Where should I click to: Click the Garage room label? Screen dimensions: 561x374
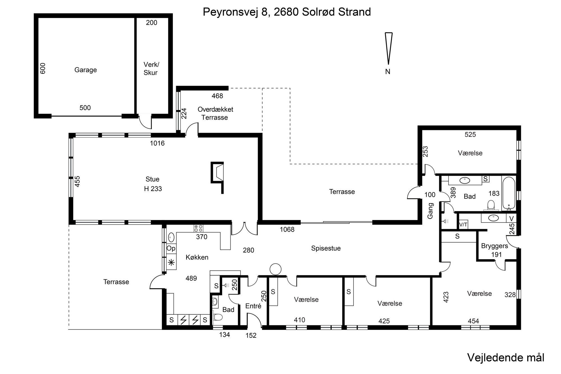point(86,70)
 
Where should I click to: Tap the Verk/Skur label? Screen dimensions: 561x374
point(151,69)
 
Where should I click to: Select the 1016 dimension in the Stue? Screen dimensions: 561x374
point(157,143)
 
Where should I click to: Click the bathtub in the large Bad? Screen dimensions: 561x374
point(509,193)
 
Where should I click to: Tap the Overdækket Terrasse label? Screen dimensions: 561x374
point(215,113)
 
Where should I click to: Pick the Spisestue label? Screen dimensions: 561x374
point(326,248)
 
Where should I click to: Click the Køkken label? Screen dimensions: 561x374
point(197,257)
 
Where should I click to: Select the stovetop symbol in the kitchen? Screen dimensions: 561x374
point(198,228)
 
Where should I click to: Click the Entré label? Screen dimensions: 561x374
point(253,306)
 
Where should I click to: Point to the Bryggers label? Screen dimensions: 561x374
point(495,246)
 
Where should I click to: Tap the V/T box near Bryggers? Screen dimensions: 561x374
point(463,224)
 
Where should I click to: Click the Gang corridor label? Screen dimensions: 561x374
point(430,211)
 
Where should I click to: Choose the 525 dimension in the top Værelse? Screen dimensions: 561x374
point(470,135)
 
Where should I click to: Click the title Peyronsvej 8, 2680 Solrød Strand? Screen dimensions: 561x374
point(287,12)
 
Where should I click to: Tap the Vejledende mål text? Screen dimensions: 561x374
point(506,358)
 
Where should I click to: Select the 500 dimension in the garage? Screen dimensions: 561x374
point(85,108)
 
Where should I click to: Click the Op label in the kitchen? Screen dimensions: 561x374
point(171,249)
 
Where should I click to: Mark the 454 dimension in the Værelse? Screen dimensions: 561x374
point(473,321)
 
